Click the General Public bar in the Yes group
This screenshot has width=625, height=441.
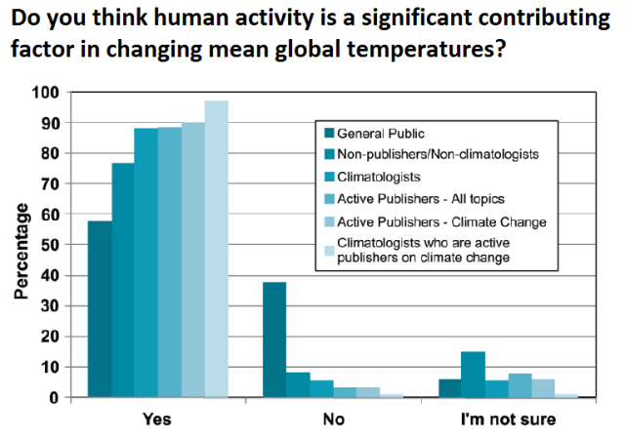tap(100, 309)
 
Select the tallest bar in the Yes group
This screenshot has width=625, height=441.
tap(217, 250)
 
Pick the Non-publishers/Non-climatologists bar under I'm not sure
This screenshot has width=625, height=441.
tap(473, 375)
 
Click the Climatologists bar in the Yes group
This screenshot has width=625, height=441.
tap(146, 263)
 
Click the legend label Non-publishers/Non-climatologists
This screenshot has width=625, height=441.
tap(436, 155)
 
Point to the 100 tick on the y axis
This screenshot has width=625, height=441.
tap(46, 93)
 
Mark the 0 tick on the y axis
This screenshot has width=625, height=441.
tap(55, 398)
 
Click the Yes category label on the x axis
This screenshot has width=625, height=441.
tap(156, 421)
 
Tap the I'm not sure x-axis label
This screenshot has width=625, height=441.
tap(509, 421)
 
